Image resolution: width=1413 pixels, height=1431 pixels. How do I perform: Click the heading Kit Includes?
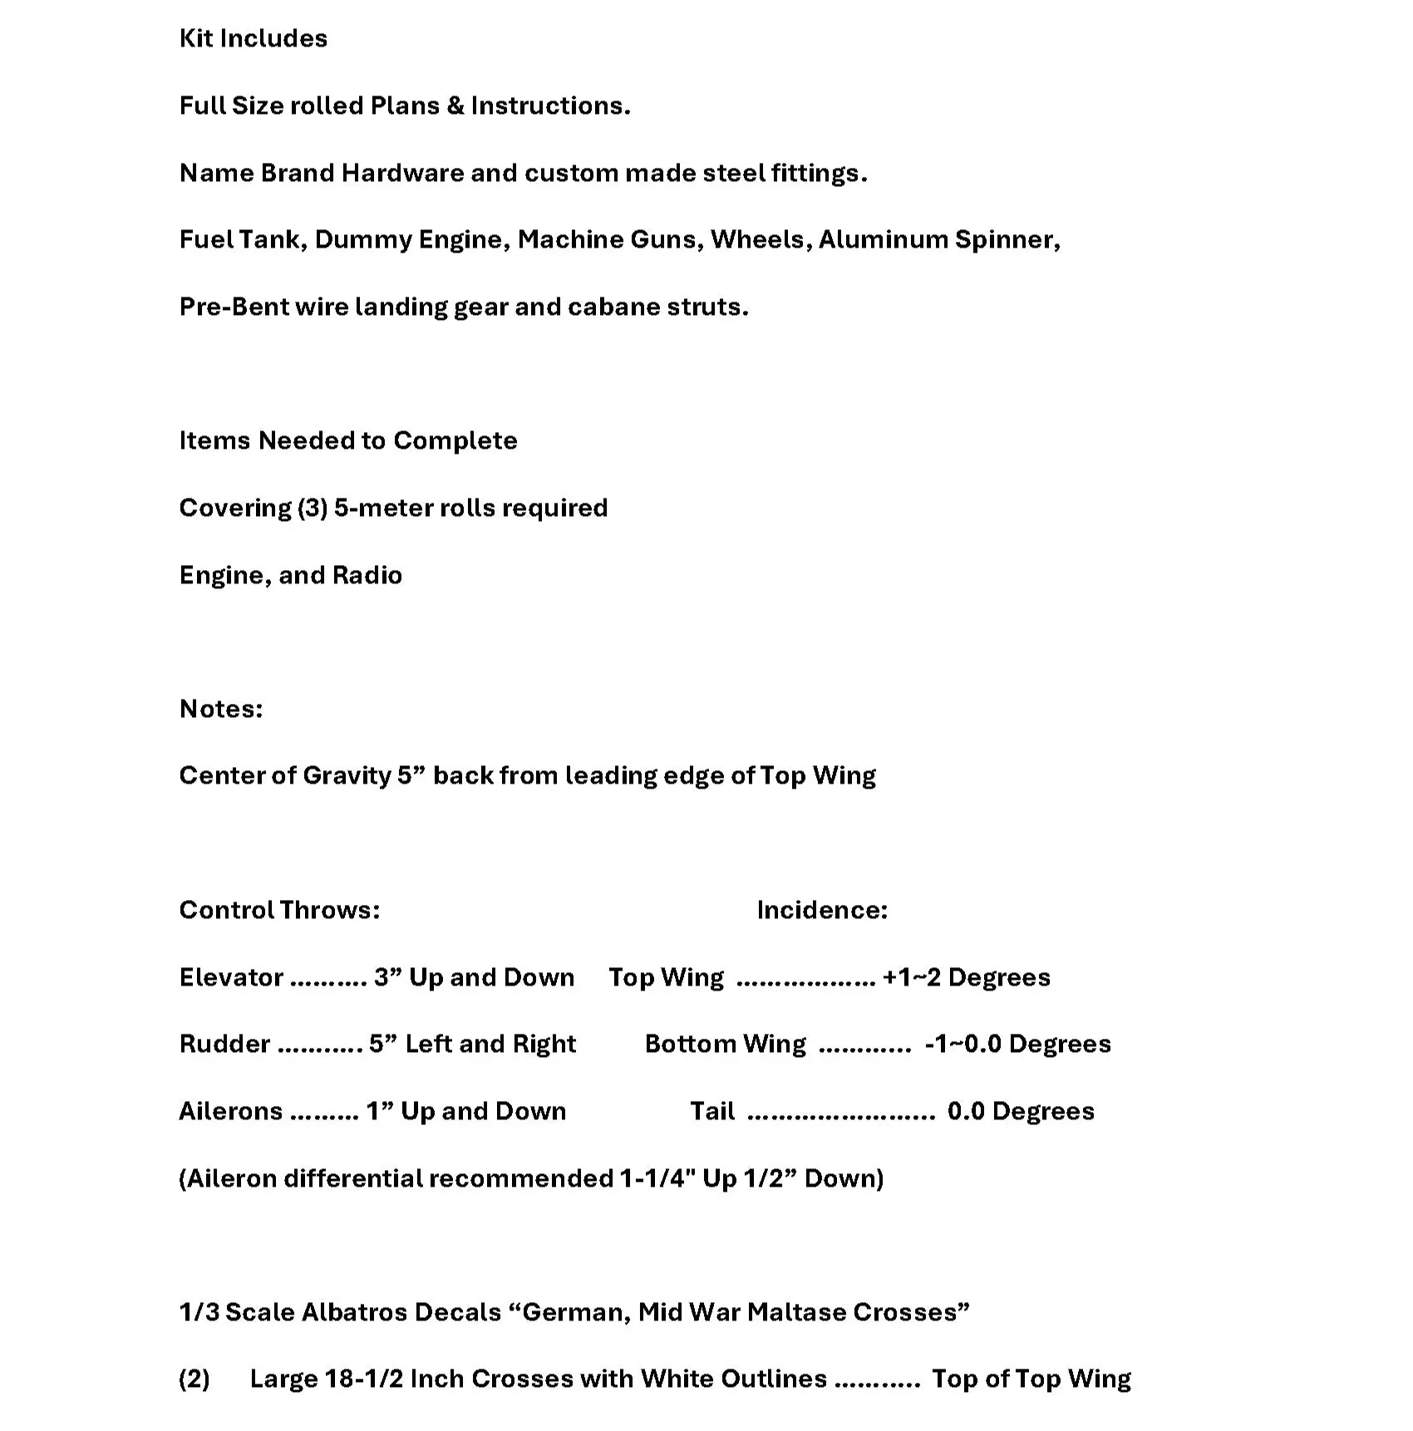coord(254,38)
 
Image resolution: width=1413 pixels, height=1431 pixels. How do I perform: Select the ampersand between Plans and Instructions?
coord(455,106)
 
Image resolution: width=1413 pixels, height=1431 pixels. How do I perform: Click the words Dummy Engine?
coord(411,239)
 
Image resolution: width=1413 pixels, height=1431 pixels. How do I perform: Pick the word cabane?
coord(607,307)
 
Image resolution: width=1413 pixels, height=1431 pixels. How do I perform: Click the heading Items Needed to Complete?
coord(348,440)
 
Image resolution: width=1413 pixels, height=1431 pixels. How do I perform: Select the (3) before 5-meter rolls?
coord(313,508)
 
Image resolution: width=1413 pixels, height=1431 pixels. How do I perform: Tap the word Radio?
coord(367,575)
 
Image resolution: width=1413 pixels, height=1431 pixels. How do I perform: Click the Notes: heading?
coord(221,709)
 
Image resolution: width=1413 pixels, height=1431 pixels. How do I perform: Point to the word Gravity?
coord(347,775)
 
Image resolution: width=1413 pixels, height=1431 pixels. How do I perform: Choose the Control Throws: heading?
coord(279,910)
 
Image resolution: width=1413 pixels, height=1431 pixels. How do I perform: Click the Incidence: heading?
coord(822,910)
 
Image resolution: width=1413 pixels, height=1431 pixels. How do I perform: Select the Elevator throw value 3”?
coord(387,977)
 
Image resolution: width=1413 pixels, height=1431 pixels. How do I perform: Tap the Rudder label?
coord(224,1044)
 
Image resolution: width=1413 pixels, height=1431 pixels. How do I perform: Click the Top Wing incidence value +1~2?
coord(912,977)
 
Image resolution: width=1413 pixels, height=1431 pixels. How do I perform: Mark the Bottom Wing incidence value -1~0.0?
coord(963,1044)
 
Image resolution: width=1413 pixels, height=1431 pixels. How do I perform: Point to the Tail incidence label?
coord(712,1111)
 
